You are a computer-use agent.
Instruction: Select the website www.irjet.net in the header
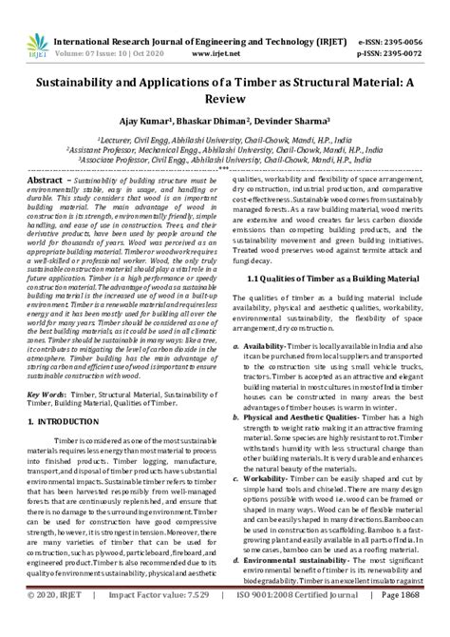point(214,30)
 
